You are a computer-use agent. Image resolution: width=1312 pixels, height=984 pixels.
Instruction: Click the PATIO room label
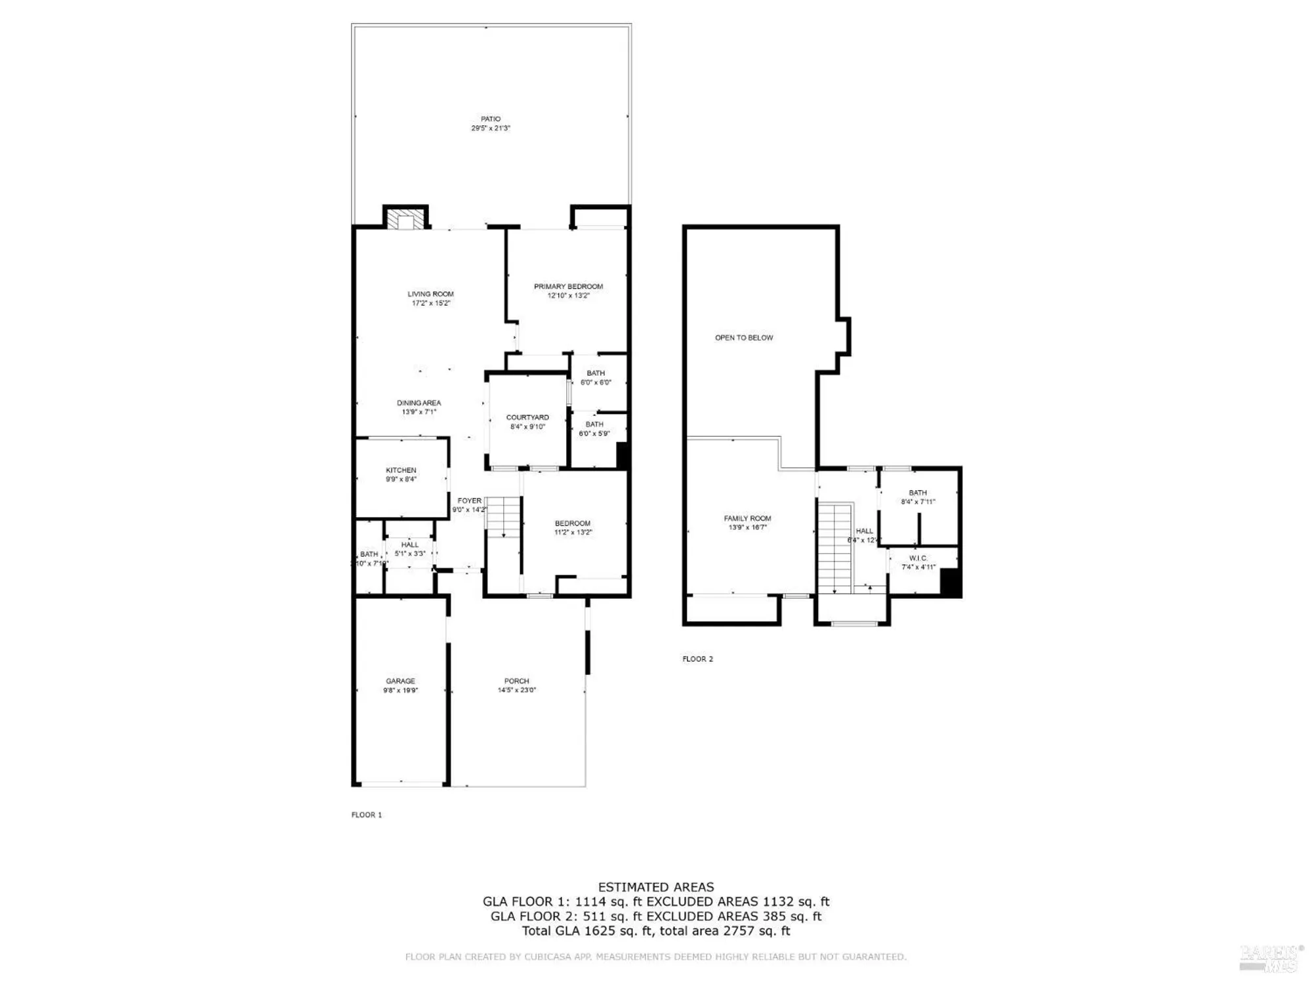tap(491, 119)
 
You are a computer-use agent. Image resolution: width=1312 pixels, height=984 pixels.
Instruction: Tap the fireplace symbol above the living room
tap(405, 219)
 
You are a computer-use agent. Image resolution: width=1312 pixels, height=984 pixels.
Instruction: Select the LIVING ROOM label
tap(430, 294)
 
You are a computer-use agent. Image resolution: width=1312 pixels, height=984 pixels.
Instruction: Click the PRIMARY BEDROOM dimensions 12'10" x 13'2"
tap(568, 296)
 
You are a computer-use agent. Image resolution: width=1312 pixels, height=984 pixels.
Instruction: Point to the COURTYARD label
tap(527, 417)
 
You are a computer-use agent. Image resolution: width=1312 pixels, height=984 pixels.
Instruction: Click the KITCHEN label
tap(401, 470)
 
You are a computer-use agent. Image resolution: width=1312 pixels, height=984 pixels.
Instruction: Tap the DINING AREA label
tap(419, 403)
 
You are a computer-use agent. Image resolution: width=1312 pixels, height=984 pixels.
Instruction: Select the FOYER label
tap(469, 501)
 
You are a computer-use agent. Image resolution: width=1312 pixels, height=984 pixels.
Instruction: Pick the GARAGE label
tap(400, 681)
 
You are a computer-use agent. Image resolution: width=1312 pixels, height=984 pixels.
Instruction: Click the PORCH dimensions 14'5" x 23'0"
tap(517, 690)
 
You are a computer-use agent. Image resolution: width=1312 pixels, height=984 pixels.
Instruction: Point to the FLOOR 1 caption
tap(366, 815)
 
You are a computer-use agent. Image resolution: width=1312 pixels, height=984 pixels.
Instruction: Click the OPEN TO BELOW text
tap(744, 338)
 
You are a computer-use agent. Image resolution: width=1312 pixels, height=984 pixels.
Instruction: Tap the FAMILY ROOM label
tap(747, 518)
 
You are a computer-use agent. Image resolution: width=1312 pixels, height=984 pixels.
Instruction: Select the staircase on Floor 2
tap(834, 548)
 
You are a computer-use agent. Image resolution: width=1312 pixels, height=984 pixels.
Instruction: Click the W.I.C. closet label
tap(918, 558)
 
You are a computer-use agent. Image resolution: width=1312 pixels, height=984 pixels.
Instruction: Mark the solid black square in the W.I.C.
tap(950, 583)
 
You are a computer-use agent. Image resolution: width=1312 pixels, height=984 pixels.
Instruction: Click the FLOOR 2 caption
tap(697, 659)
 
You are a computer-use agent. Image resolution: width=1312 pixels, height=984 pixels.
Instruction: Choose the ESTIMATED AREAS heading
tap(656, 887)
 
